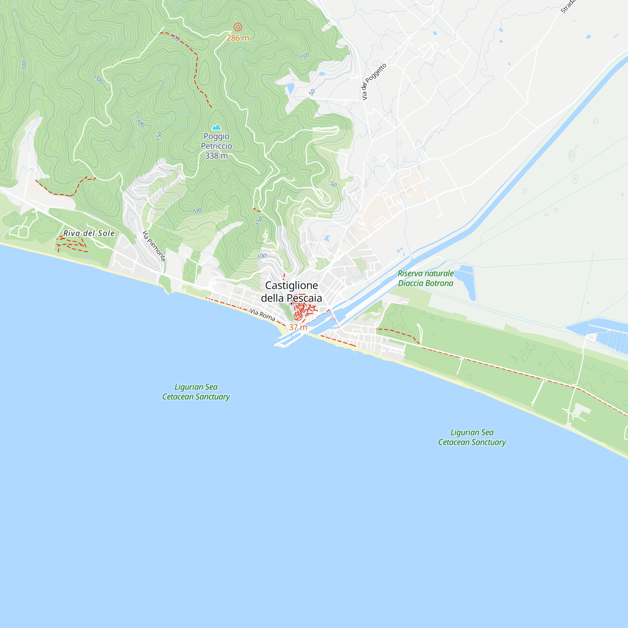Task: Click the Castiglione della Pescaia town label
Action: [x=291, y=292]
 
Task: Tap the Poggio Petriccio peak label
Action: [x=216, y=141]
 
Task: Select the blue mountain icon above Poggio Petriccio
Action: [x=216, y=127]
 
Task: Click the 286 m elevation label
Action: [x=238, y=38]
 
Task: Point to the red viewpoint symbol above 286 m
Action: [x=238, y=27]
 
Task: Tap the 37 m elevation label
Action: [x=298, y=327]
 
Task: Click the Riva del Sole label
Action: [x=89, y=233]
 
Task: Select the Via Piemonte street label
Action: [x=154, y=246]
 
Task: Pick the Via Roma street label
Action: [x=262, y=315]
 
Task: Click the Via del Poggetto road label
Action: [x=374, y=82]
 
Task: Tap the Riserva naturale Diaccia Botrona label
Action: [x=425, y=278]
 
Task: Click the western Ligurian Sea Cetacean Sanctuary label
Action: [x=196, y=392]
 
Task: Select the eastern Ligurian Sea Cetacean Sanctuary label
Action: [x=472, y=437]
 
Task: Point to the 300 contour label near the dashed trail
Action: [x=175, y=38]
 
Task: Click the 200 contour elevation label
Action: [x=98, y=79]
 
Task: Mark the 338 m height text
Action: [x=216, y=156]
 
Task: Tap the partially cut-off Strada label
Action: [x=567, y=7]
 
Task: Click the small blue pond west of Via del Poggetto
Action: [x=290, y=88]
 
